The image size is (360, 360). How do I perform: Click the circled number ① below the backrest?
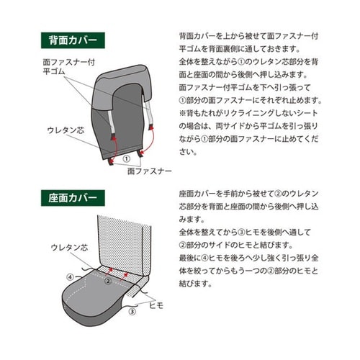(x=125, y=158)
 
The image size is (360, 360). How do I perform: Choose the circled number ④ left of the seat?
(x=69, y=276)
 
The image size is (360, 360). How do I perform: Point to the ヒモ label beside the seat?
(x=156, y=305)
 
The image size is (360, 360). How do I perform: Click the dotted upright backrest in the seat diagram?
(x=126, y=238)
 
